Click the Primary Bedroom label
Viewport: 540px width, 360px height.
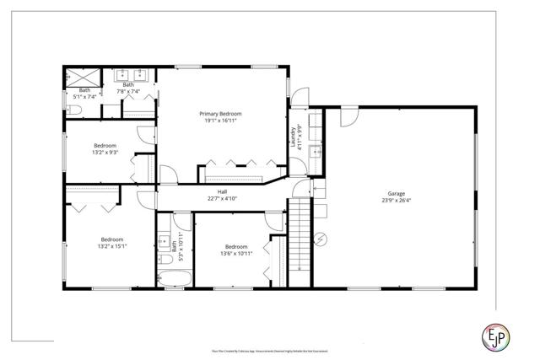220,113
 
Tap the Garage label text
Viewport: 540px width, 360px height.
396,193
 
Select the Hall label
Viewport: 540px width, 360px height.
223,192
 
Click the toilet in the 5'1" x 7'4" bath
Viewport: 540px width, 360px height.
73,109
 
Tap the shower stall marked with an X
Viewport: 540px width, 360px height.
76,78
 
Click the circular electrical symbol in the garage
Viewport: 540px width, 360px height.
321,238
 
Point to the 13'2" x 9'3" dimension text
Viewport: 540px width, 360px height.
105,152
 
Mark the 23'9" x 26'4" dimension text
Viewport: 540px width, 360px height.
396,200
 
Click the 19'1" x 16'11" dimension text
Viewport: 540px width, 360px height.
220,120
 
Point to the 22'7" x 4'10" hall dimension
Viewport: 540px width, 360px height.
223,199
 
